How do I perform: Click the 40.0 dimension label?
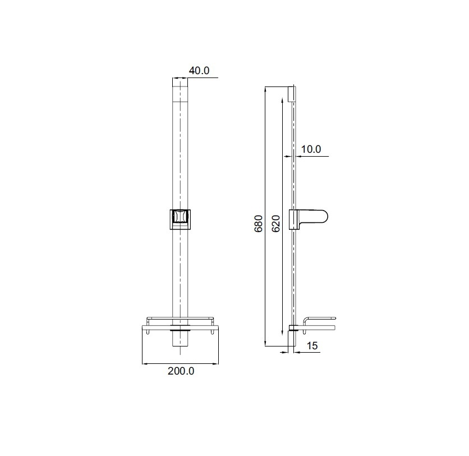tap(199, 71)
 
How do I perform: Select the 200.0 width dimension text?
tap(181, 371)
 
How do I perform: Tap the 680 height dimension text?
tap(258, 224)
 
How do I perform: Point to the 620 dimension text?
tap(276, 224)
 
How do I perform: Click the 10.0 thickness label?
tap(311, 149)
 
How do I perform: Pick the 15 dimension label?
tap(312, 346)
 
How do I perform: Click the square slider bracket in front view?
tap(180, 220)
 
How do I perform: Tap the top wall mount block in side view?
tap(291, 93)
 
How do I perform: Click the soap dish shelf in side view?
tap(319, 325)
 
